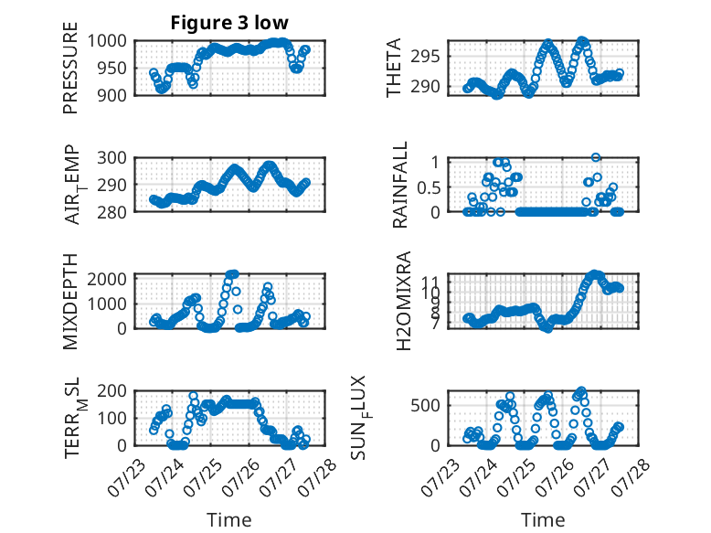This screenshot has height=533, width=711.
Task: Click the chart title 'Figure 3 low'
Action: pyautogui.click(x=229, y=23)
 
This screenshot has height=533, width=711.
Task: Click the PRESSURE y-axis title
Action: pyautogui.click(x=70, y=68)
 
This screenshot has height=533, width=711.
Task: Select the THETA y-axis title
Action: pyautogui.click(x=394, y=68)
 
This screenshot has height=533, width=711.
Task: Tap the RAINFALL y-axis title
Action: pyautogui.click(x=400, y=185)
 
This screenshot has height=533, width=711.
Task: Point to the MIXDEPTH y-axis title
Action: pyautogui.click(x=70, y=302)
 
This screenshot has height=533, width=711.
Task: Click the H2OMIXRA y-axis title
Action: pyautogui.click(x=403, y=301)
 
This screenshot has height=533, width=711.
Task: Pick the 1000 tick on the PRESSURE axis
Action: pyautogui.click(x=107, y=41)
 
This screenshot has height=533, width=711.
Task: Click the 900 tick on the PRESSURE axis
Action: pyautogui.click(x=112, y=95)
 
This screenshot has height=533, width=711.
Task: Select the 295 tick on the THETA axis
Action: pyautogui.click(x=426, y=57)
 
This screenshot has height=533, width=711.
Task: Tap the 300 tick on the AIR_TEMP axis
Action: pyautogui.click(x=112, y=158)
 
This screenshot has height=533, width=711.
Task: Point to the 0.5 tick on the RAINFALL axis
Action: pyautogui.click(x=429, y=187)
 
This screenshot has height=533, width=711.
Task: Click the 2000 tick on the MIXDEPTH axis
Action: pyautogui.click(x=107, y=279)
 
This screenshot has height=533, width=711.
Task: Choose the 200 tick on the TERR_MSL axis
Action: pyautogui.click(x=112, y=390)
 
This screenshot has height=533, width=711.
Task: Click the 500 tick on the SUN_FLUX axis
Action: pyautogui.click(x=426, y=406)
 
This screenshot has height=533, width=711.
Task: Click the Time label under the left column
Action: pyautogui.click(x=229, y=520)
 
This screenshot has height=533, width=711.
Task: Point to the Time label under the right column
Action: pyautogui.click(x=543, y=520)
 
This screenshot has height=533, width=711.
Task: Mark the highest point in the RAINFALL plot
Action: pyautogui.click(x=596, y=157)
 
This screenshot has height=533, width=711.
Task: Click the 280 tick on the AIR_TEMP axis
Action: pyautogui.click(x=112, y=212)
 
